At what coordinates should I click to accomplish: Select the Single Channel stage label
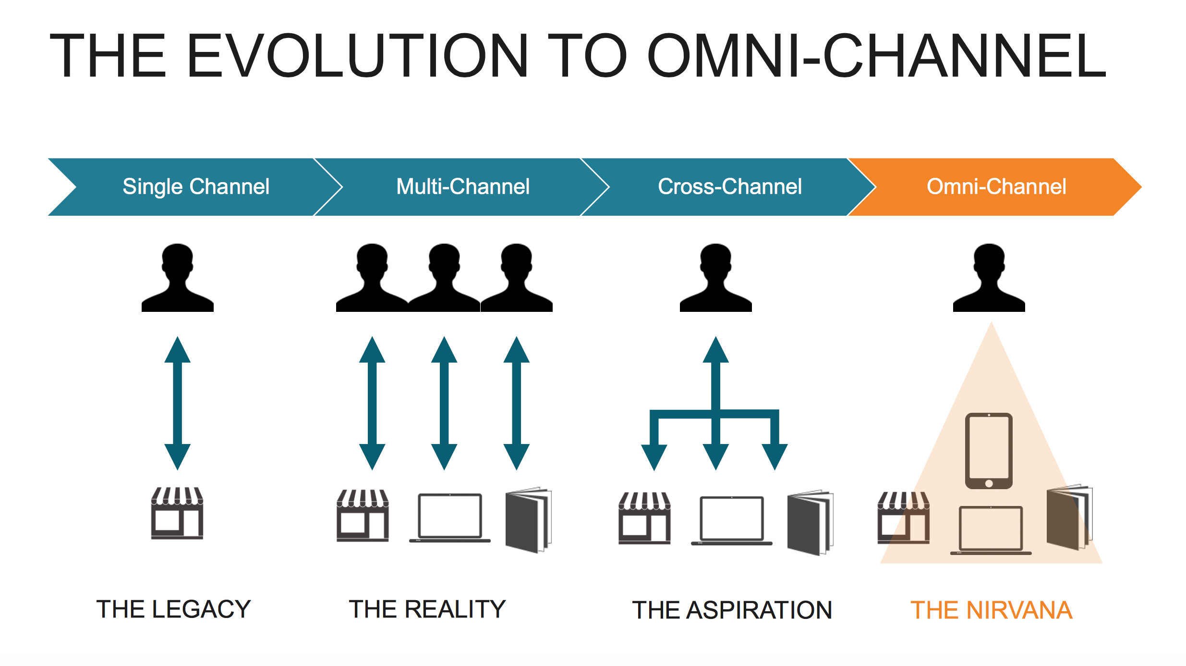click(x=196, y=186)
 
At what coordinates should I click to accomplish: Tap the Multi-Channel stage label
click(x=463, y=186)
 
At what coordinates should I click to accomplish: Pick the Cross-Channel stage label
click(x=729, y=186)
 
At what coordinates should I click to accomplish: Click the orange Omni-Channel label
click(x=996, y=186)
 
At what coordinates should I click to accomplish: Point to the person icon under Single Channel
click(x=178, y=279)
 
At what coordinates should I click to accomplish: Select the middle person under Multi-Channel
click(x=444, y=279)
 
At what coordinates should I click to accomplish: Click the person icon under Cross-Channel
click(x=715, y=279)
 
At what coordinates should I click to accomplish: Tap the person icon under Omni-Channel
click(x=989, y=279)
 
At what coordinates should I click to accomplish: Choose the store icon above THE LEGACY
click(x=177, y=513)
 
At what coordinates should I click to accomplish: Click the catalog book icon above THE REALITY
click(x=528, y=520)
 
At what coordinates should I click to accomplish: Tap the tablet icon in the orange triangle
click(x=989, y=451)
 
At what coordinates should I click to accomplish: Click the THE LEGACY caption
click(x=174, y=609)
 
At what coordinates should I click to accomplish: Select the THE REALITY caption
click(x=427, y=609)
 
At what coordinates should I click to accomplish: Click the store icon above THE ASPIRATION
click(x=644, y=518)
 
